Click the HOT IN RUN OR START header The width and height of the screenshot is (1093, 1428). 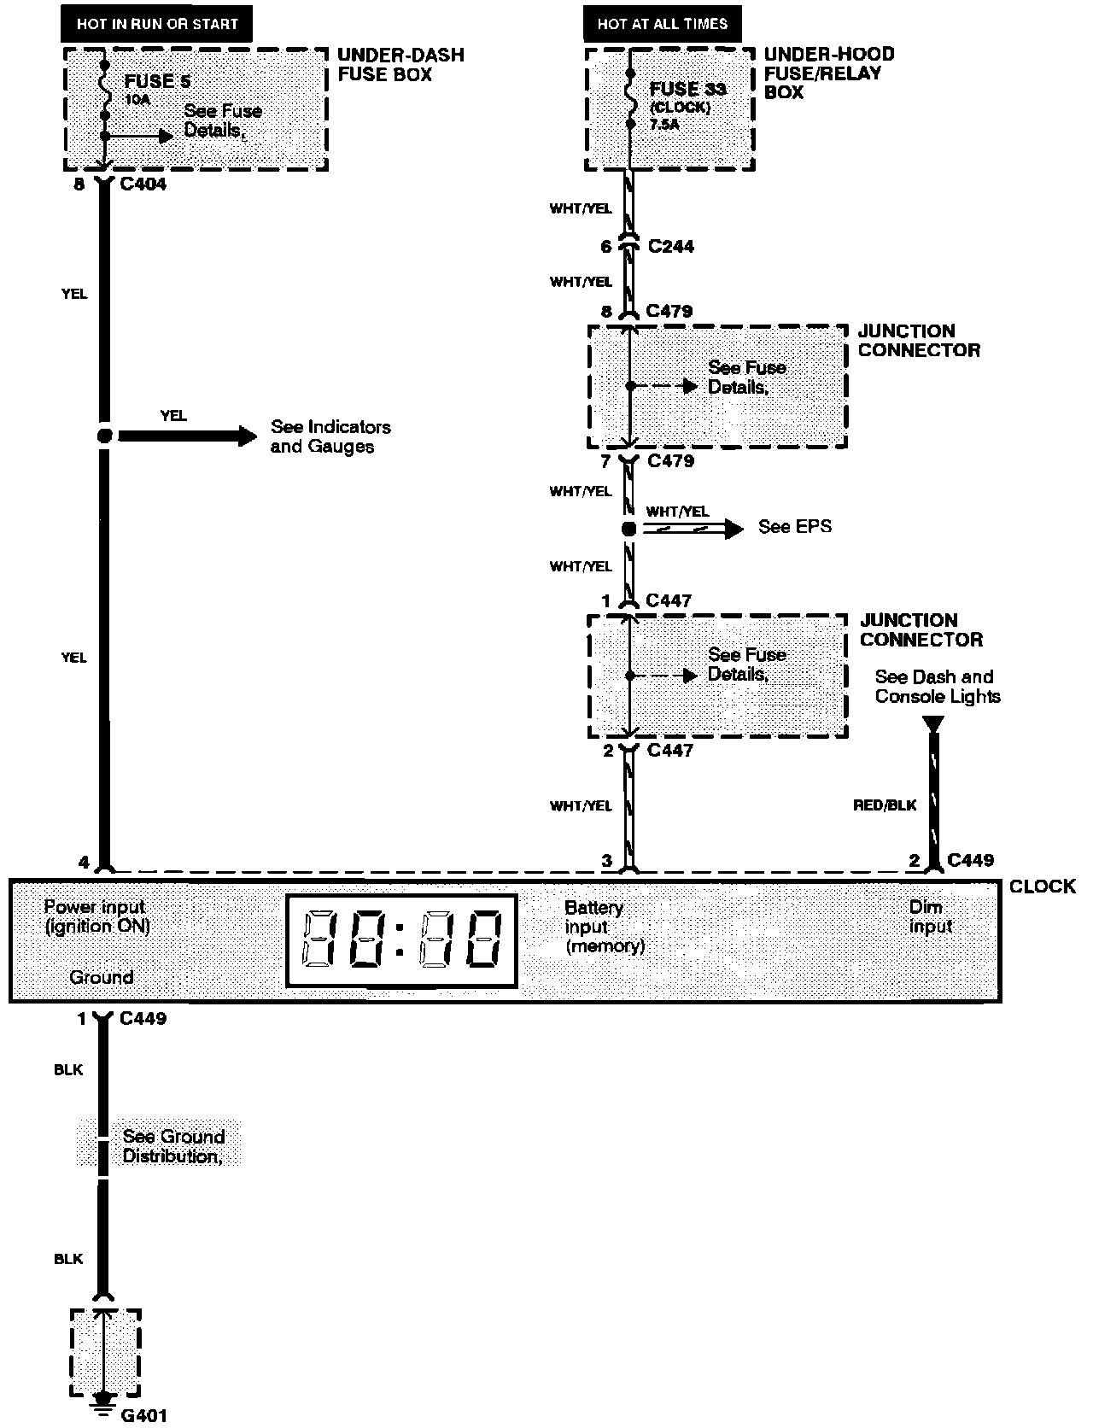click(156, 24)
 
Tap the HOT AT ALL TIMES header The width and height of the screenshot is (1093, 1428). click(662, 24)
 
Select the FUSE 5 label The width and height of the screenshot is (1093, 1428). click(157, 82)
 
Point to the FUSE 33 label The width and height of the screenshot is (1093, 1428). click(687, 89)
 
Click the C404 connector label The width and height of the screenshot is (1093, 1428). click(143, 184)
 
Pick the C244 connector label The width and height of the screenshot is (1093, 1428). click(670, 247)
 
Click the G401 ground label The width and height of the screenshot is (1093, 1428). click(143, 1415)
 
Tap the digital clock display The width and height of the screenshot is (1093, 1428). click(401, 939)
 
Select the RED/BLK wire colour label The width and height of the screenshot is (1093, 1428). click(885, 805)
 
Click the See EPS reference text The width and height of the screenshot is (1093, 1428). click(794, 527)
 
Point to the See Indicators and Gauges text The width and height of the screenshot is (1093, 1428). click(330, 436)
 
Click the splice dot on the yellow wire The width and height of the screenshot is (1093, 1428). click(104, 436)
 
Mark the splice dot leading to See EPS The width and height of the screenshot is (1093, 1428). click(628, 529)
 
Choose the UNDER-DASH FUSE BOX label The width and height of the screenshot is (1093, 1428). click(400, 65)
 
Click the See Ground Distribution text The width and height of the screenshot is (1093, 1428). click(173, 1146)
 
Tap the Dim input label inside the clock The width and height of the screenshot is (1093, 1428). click(930, 916)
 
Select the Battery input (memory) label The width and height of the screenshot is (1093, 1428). click(604, 927)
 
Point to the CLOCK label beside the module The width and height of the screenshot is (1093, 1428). click(1042, 887)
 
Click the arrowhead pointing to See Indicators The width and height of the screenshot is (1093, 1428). click(247, 436)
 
